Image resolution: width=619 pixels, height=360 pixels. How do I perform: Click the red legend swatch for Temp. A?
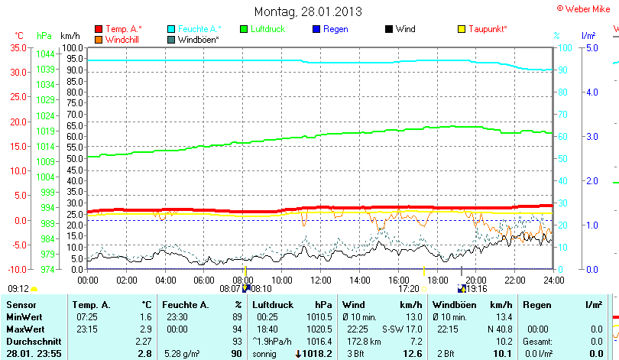pyautogui.click(x=99, y=29)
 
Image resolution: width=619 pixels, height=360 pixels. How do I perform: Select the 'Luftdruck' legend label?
pyautogui.click(x=267, y=29)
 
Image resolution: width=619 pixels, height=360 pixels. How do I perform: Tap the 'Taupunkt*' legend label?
pyautogui.click(x=488, y=29)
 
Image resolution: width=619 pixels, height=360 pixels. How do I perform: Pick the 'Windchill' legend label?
pyautogui.click(x=122, y=39)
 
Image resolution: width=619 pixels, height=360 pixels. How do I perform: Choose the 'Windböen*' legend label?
pyautogui.click(x=198, y=39)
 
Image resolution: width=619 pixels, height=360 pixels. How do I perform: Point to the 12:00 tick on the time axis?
pyautogui.click(x=321, y=281)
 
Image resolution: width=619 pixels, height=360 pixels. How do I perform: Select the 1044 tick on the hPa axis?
pyautogui.click(x=45, y=54)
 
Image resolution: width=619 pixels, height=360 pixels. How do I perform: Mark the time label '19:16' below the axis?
pyautogui.click(x=477, y=289)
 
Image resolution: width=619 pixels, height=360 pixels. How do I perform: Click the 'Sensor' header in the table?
pyautogui.click(x=21, y=305)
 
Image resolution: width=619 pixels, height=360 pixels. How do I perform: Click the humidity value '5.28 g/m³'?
pyautogui.click(x=182, y=354)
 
